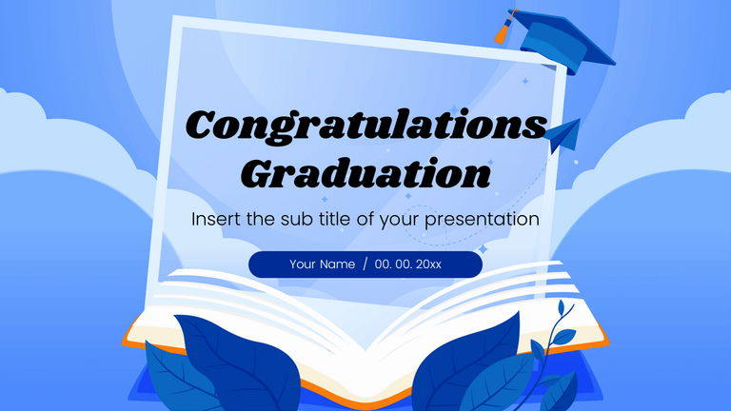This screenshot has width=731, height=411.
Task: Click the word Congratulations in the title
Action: coord(366,127)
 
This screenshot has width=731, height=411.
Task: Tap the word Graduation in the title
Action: coord(366,173)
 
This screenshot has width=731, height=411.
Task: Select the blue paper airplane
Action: coord(563,135)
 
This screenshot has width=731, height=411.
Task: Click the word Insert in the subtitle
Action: coord(215,219)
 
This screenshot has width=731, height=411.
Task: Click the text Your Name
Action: coord(322,264)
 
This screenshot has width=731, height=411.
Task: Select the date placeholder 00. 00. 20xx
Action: coord(407,264)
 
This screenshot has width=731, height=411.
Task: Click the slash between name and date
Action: coord(365,264)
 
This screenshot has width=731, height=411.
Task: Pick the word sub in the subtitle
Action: coord(291,219)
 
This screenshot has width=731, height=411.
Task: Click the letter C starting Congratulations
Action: coord(202,127)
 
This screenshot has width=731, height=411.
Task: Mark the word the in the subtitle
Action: coord(258,219)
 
